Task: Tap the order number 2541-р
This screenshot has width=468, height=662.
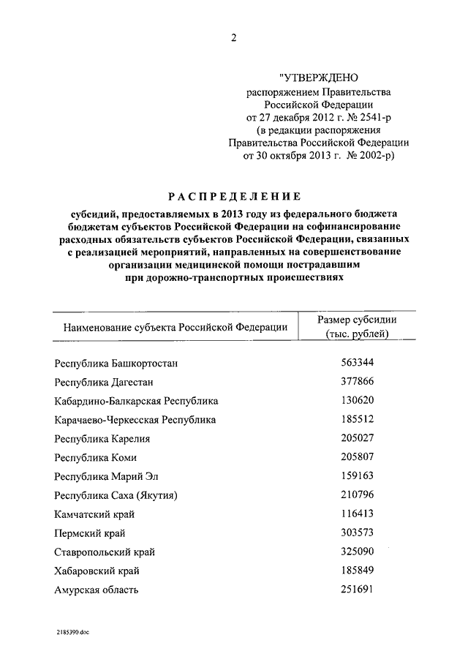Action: (x=374, y=117)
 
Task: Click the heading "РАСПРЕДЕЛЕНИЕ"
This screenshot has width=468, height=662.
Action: (x=234, y=196)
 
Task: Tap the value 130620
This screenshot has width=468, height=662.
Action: (x=357, y=400)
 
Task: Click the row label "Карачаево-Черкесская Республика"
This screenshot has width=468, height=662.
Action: (x=135, y=420)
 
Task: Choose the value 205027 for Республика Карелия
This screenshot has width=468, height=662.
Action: (x=357, y=438)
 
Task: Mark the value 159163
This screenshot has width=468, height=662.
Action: (x=357, y=476)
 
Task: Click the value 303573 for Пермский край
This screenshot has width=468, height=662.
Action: (x=357, y=533)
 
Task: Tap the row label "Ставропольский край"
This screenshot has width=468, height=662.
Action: (x=105, y=552)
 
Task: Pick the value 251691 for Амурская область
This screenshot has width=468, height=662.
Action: (x=357, y=590)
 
